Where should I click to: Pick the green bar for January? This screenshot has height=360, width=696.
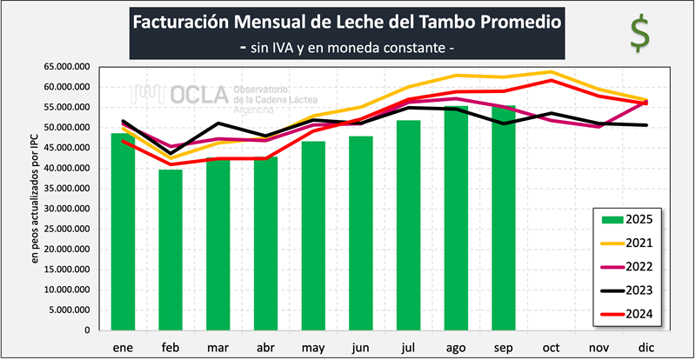pyautogui.click(x=124, y=231)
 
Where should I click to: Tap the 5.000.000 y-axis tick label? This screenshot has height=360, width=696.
pyautogui.click(x=73, y=310)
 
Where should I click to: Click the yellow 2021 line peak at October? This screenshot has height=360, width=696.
pyautogui.click(x=551, y=72)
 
